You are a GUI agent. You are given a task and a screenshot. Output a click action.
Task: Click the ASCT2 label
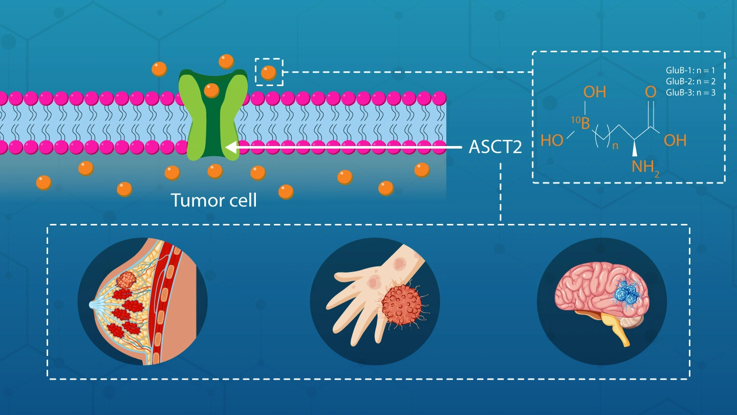(x=495, y=148)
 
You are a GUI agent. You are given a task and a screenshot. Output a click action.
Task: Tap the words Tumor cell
(x=213, y=200)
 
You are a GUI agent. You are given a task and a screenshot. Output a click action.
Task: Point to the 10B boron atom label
(x=582, y=122)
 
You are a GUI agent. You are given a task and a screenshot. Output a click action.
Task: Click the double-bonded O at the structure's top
(x=651, y=92)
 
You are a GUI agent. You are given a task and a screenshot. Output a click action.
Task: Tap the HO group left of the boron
(x=552, y=140)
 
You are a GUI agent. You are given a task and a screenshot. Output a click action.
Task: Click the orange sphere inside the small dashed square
(x=268, y=72)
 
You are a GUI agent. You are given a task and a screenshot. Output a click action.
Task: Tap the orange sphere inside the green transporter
(x=211, y=91)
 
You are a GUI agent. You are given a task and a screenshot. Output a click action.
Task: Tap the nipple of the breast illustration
(x=92, y=304)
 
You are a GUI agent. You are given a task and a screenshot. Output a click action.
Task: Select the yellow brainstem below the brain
(x=621, y=328)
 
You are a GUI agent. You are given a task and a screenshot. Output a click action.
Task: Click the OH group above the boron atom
(x=595, y=92)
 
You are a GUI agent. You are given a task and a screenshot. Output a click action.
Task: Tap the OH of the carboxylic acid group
(x=675, y=140)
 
